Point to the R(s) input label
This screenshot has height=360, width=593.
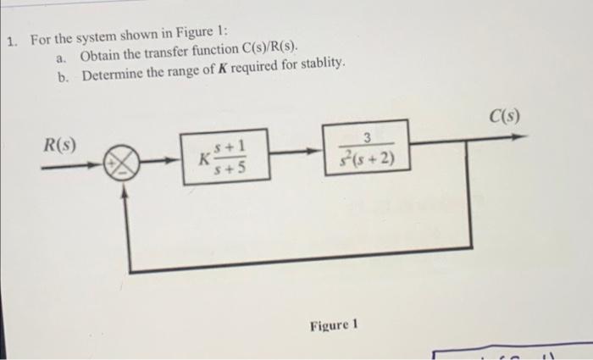(59, 141)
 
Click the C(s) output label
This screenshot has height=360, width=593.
(503, 114)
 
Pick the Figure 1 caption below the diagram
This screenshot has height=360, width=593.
(335, 324)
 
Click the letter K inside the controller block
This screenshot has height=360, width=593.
(203, 158)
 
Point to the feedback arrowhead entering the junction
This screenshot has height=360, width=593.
(125, 191)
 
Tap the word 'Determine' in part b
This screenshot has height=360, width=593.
(114, 75)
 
